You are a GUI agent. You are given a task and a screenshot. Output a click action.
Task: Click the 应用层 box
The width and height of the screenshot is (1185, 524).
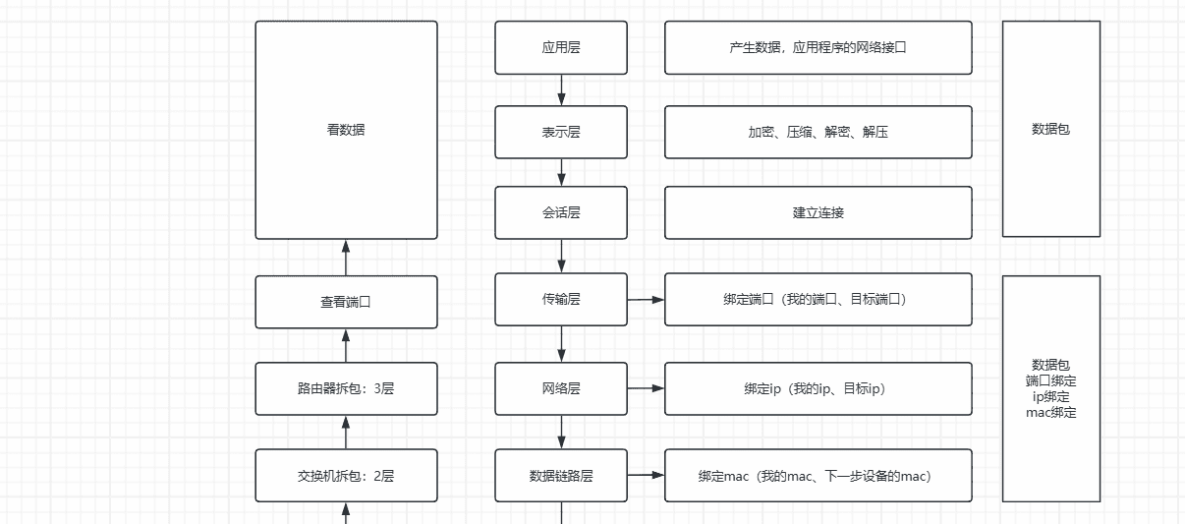(x=561, y=47)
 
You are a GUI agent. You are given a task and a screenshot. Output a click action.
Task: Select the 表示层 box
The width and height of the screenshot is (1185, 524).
(x=561, y=132)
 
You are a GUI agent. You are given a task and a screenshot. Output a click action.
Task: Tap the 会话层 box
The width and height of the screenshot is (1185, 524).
(x=561, y=212)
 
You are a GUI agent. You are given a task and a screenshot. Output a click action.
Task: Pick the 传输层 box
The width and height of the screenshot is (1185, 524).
(x=561, y=299)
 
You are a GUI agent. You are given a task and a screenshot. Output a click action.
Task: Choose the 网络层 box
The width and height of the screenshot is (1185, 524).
(x=561, y=388)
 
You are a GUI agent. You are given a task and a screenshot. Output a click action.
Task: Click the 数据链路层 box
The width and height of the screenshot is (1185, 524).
(x=561, y=476)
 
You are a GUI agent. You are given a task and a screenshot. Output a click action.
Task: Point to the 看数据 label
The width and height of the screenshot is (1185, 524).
(x=346, y=129)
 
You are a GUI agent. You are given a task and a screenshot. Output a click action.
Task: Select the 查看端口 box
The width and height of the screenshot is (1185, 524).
(x=346, y=302)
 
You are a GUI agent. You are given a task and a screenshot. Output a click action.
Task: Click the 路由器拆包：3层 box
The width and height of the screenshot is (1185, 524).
(x=346, y=388)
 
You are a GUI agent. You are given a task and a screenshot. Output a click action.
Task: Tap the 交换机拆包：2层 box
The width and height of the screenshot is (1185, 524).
(x=346, y=476)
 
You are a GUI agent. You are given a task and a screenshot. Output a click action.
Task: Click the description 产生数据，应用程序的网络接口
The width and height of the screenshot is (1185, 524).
(x=818, y=47)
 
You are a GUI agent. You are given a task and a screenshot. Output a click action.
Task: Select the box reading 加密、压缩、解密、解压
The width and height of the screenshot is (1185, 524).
(x=818, y=132)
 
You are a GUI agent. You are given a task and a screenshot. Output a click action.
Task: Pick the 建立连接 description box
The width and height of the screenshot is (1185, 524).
(x=818, y=212)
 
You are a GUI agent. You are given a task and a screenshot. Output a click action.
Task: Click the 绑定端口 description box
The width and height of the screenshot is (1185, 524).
(x=818, y=299)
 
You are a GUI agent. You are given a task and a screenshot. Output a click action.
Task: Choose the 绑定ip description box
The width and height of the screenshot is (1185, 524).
(x=818, y=388)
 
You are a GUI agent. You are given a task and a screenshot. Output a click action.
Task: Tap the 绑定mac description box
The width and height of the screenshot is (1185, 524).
(x=818, y=476)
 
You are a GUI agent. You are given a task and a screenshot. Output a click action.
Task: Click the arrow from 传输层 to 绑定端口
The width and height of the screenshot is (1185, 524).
(x=646, y=299)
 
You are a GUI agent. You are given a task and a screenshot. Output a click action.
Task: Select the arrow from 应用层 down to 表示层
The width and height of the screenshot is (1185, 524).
(x=562, y=89)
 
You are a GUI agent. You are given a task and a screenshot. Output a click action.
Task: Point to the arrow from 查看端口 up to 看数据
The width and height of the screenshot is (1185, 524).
(x=346, y=258)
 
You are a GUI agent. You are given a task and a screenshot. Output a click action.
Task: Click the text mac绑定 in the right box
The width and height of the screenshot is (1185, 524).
(x=1050, y=413)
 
